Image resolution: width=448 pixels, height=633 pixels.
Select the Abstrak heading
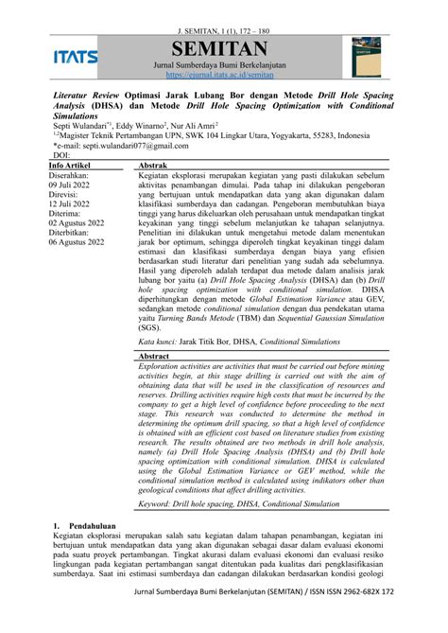click(154, 165)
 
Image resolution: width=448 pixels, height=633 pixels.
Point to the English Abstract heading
click(155, 356)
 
